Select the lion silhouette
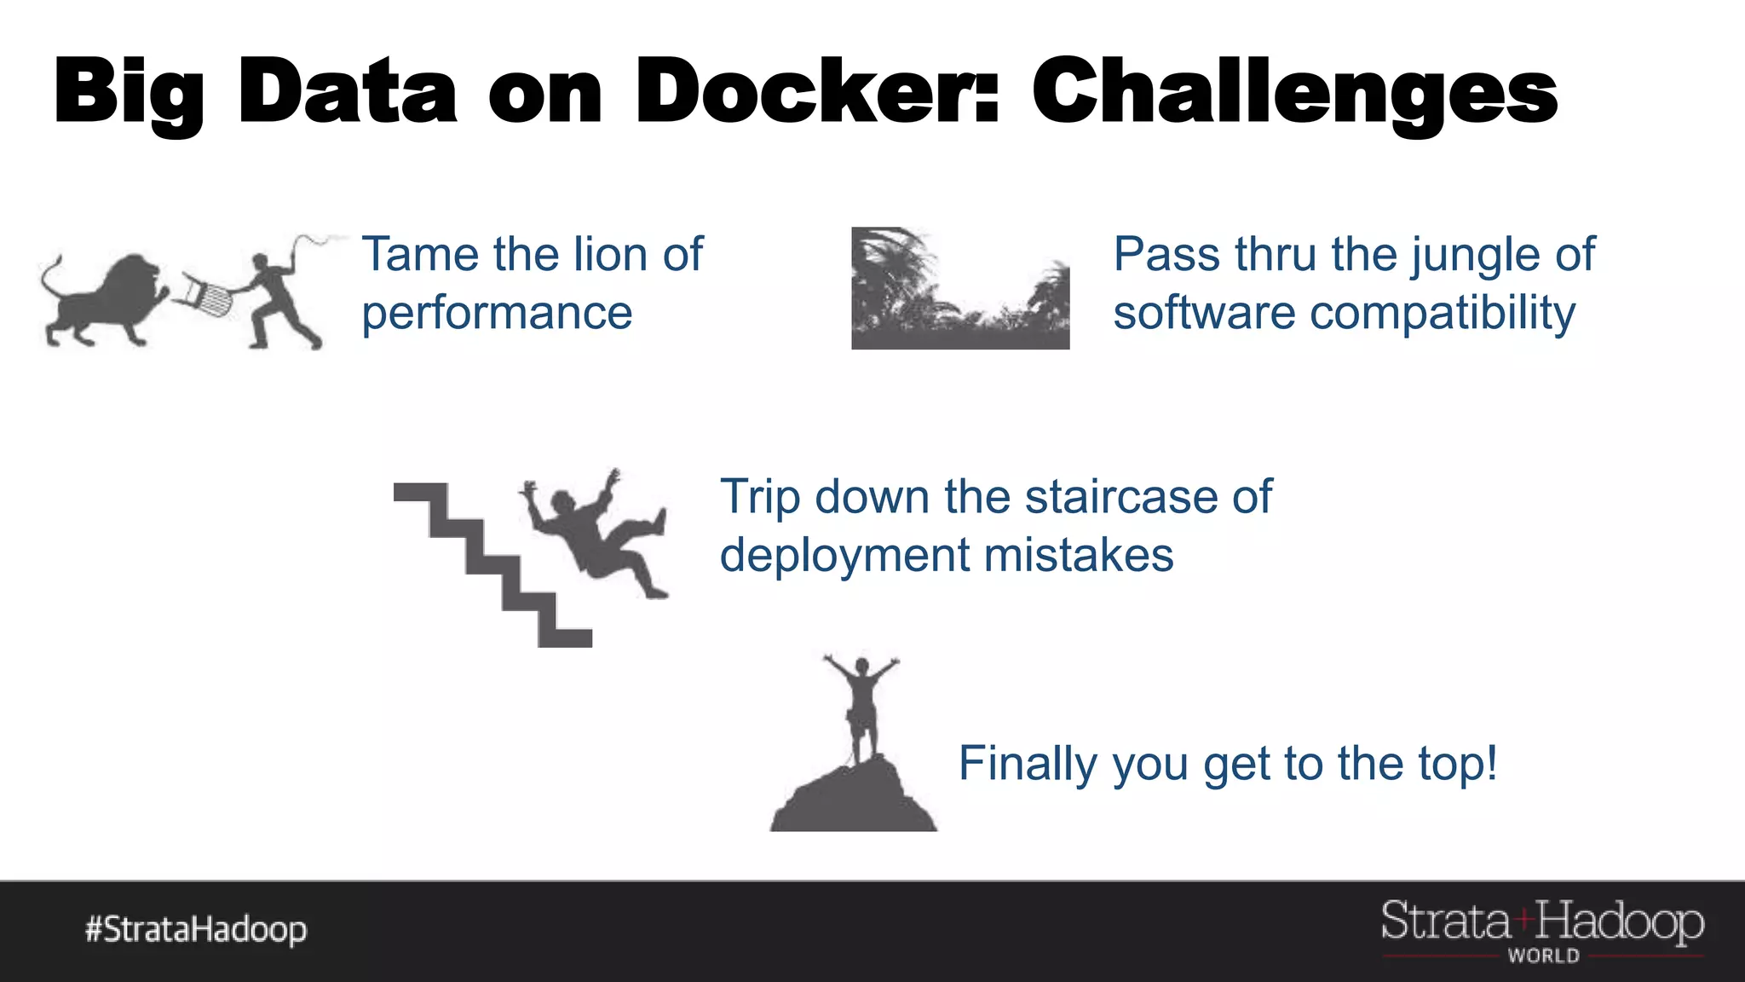click(102, 303)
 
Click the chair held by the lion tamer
click(205, 295)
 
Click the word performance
click(497, 313)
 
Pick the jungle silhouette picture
click(960, 288)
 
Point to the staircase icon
click(492, 564)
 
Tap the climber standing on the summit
click(861, 708)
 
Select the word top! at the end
click(1458, 763)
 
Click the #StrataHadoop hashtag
click(196, 929)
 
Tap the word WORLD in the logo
click(1543, 956)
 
